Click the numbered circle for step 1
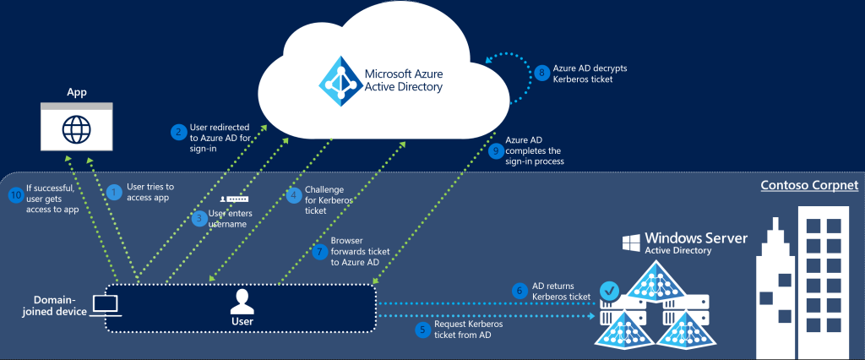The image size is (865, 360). click(x=115, y=192)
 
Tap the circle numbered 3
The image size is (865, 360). click(x=199, y=219)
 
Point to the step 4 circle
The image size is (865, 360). click(x=294, y=195)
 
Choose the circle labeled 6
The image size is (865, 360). click(x=521, y=291)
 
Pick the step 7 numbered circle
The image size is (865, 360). click(x=318, y=251)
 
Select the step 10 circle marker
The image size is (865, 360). click(x=15, y=195)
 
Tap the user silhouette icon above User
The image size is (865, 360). click(x=242, y=300)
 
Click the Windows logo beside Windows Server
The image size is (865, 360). click(x=631, y=243)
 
